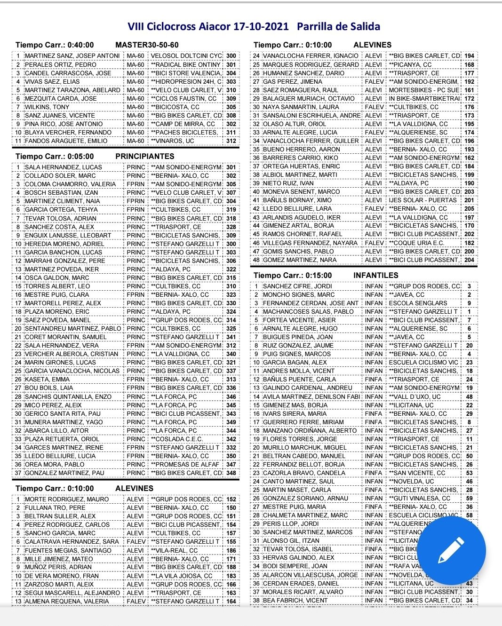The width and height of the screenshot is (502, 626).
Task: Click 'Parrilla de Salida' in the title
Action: tap(338, 26)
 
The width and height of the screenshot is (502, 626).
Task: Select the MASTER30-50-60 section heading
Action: tap(147, 45)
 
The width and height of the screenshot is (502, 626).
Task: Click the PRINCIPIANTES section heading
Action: tap(144, 156)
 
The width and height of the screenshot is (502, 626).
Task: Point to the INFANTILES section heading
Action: tap(375, 276)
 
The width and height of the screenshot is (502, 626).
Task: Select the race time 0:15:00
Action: tap(316, 276)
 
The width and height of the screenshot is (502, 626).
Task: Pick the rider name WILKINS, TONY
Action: tap(47, 107)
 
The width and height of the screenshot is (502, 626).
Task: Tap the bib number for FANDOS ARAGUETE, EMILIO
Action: tap(231, 141)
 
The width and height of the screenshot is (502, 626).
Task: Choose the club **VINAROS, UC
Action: tap(173, 141)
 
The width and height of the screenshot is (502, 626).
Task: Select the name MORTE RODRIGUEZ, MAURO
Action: tap(67, 499)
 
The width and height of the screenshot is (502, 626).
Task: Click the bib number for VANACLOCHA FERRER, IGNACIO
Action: tap(469, 56)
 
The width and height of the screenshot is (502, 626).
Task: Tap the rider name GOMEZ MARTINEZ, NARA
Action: tap(300, 260)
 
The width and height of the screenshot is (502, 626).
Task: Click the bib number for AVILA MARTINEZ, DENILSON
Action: tap(469, 397)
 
